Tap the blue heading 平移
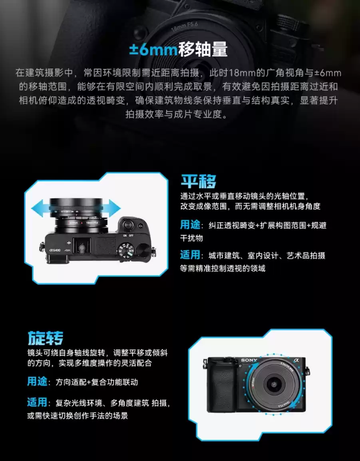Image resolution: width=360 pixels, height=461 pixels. [x=199, y=182]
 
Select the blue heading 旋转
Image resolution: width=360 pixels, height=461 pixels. [x=46, y=338]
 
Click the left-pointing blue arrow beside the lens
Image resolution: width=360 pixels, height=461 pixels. [x=40, y=209]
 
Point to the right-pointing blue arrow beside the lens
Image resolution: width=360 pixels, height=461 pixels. [x=113, y=209]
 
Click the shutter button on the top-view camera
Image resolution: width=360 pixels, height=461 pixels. [x=127, y=225]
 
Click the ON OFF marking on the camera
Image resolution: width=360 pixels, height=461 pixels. [x=127, y=235]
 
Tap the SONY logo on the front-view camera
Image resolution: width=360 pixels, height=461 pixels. [x=249, y=360]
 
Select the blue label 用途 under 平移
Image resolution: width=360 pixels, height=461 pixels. [x=190, y=225]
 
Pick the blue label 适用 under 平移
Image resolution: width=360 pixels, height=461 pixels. [x=190, y=255]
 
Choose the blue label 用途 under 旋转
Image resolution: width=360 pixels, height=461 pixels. [x=37, y=382]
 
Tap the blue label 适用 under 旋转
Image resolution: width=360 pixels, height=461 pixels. [x=37, y=403]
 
